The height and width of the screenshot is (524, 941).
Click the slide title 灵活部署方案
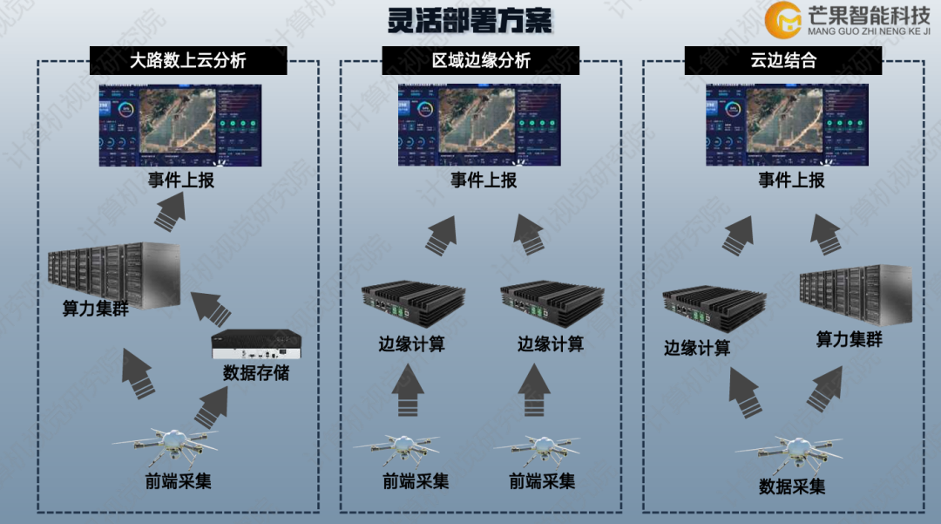(470, 20)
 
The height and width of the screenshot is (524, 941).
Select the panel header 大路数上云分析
(188, 61)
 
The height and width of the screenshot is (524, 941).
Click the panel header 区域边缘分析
(481, 61)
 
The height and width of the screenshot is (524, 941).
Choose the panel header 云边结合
(783, 61)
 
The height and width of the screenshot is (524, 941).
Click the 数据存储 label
(256, 373)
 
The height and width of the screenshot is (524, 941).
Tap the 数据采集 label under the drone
(792, 486)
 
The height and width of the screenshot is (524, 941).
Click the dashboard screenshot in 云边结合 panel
(788, 125)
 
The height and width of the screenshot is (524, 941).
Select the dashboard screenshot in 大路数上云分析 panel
(179, 125)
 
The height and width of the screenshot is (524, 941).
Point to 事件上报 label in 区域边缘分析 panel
(484, 180)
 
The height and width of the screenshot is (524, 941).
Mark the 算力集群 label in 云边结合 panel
(850, 339)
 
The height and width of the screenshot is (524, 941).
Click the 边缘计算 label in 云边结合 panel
(697, 348)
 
